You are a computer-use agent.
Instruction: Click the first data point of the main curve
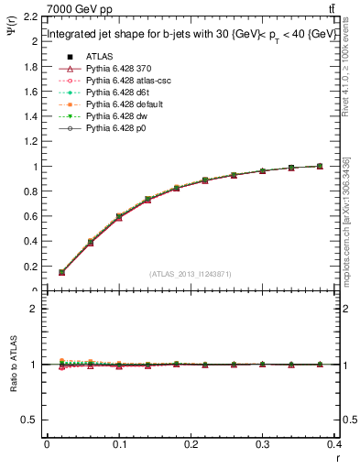(x=61, y=272)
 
